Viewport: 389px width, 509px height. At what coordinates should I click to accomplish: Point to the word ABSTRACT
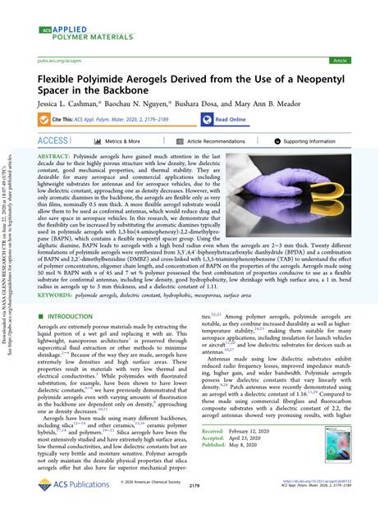[54, 155]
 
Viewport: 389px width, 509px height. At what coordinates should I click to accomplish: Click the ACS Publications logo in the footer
[74, 485]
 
